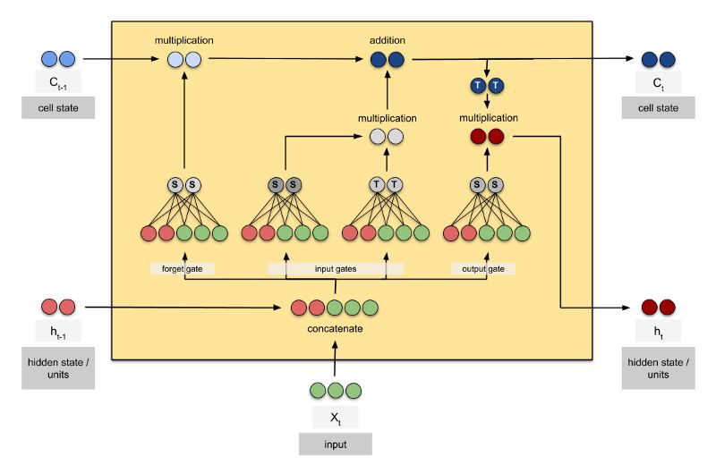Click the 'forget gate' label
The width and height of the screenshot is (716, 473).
[183, 267]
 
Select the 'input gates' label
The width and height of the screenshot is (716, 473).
[336, 267]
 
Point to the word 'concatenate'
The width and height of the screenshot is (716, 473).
[336, 329]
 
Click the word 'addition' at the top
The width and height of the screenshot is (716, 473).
[388, 41]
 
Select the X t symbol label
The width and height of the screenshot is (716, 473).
[335, 416]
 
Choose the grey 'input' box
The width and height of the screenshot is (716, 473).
[335, 444]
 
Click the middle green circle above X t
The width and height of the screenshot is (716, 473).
[335, 391]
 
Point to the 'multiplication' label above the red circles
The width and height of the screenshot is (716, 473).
[488, 117]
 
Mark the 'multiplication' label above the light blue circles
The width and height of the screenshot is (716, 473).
[183, 41]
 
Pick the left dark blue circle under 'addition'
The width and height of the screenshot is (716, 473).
[379, 61]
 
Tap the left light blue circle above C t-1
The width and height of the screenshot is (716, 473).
[49, 59]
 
